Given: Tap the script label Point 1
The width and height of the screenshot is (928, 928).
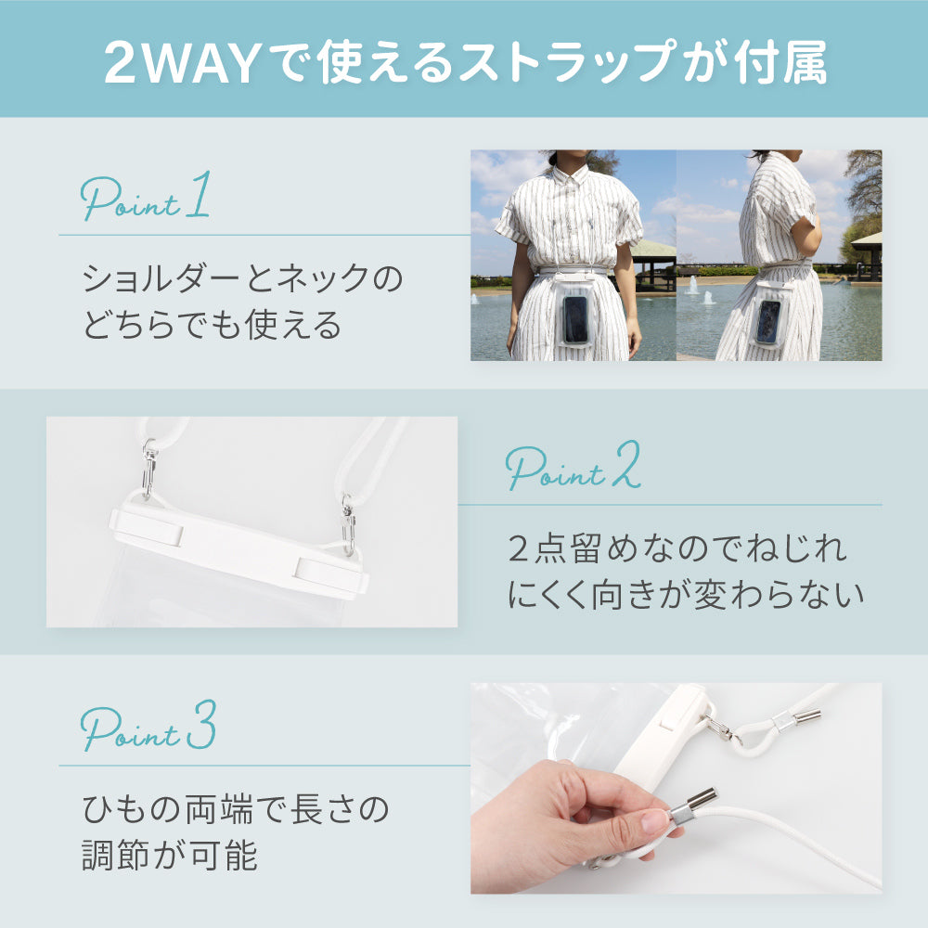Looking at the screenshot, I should (146, 199).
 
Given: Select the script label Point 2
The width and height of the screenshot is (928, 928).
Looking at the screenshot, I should (574, 470).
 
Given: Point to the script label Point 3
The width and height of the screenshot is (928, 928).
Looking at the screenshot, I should (148, 729).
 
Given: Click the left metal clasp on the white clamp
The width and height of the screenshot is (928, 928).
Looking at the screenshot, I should (148, 470).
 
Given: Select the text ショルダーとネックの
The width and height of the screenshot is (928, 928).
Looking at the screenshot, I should (243, 278).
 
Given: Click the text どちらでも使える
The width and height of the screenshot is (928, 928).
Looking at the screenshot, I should (212, 326).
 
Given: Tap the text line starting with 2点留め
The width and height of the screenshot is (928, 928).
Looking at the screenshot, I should (677, 548).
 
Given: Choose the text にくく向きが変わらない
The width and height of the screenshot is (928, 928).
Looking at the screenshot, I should (685, 596).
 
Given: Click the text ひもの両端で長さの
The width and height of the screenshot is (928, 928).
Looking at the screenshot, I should (235, 810).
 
